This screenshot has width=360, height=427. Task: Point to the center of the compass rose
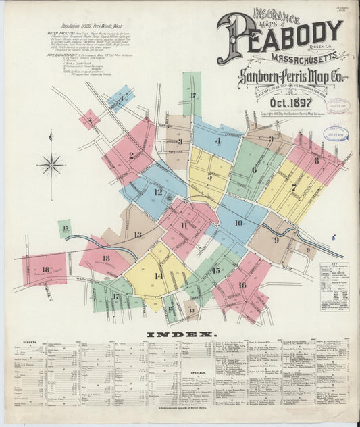(51, 163)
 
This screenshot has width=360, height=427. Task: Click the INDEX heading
(180, 334)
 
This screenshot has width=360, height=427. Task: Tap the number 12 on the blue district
(158, 192)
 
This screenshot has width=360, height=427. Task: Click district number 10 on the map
(238, 222)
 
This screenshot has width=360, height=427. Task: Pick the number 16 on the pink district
(242, 285)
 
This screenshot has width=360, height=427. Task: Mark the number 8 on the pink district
(316, 160)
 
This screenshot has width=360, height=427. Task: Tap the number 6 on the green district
(254, 170)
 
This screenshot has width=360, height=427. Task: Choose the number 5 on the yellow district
(209, 176)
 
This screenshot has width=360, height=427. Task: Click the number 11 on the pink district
(184, 226)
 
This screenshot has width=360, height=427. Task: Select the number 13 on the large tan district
(138, 235)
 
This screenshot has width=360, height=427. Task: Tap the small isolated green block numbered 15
(65, 228)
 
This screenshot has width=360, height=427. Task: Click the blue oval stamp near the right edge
(336, 133)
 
